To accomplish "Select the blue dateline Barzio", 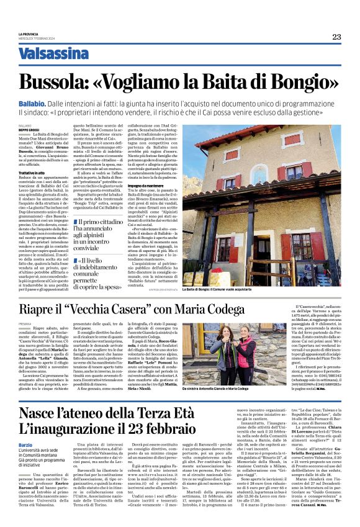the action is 27,446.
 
